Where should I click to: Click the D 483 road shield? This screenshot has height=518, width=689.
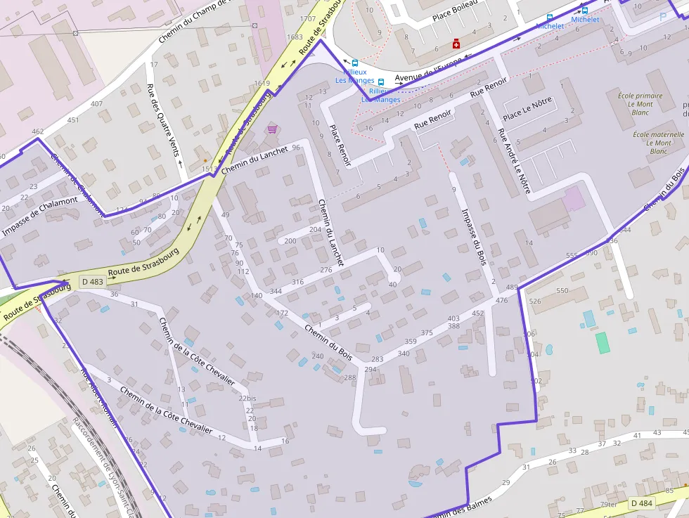coord(92,281)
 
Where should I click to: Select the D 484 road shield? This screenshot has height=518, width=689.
coord(642,503)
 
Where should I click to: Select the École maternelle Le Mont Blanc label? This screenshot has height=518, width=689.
coord(658,143)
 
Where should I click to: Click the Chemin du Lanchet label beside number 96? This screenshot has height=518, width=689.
coord(254,161)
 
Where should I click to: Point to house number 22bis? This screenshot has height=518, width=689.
coord(247,399)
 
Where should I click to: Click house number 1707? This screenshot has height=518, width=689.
coord(307,18)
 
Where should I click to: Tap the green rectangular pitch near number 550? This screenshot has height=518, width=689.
coord(603,343)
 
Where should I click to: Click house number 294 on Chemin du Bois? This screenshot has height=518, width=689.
coord(371,370)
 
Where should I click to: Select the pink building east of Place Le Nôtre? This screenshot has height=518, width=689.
coord(574,198)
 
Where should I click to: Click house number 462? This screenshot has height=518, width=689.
coord(37,131)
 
